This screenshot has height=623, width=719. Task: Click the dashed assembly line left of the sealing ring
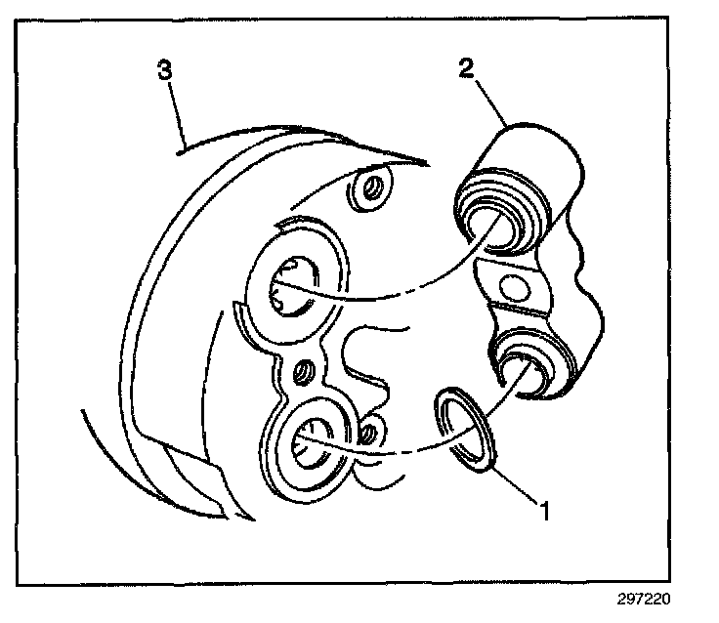click(x=391, y=452)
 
